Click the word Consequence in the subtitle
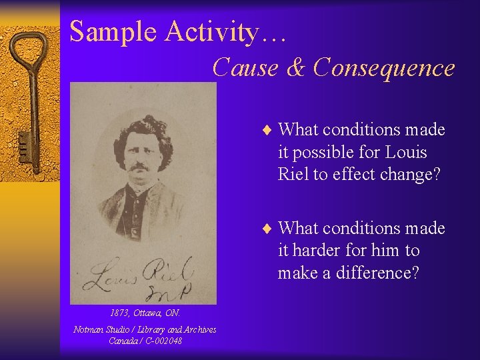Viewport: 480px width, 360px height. click(384, 67)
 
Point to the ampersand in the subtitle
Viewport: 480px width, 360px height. click(297, 67)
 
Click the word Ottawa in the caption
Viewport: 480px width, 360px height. click(147, 313)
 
